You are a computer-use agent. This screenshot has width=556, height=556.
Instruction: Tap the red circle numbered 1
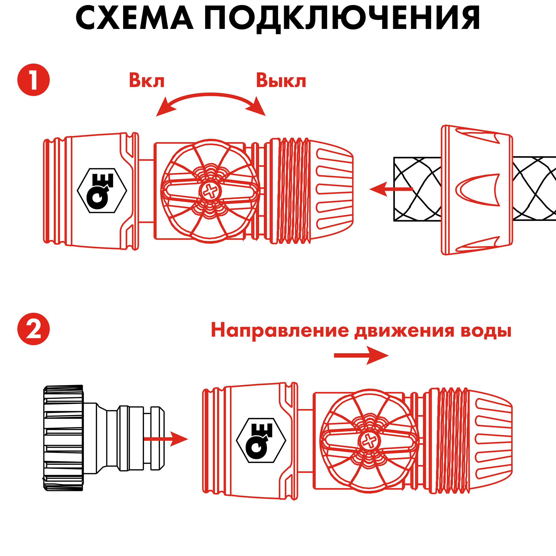tap(33, 80)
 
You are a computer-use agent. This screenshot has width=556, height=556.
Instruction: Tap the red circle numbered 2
tap(33, 329)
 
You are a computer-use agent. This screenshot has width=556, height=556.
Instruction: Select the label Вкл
tap(147, 81)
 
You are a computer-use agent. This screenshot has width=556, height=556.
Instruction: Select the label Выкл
tap(281, 81)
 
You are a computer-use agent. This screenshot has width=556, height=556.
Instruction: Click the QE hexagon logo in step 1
tap(102, 190)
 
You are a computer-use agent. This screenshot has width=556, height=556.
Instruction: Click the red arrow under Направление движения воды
tap(361, 355)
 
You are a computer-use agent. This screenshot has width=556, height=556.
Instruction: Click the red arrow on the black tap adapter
tap(166, 439)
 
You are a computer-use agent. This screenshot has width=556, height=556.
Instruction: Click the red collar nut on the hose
tap(476, 190)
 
